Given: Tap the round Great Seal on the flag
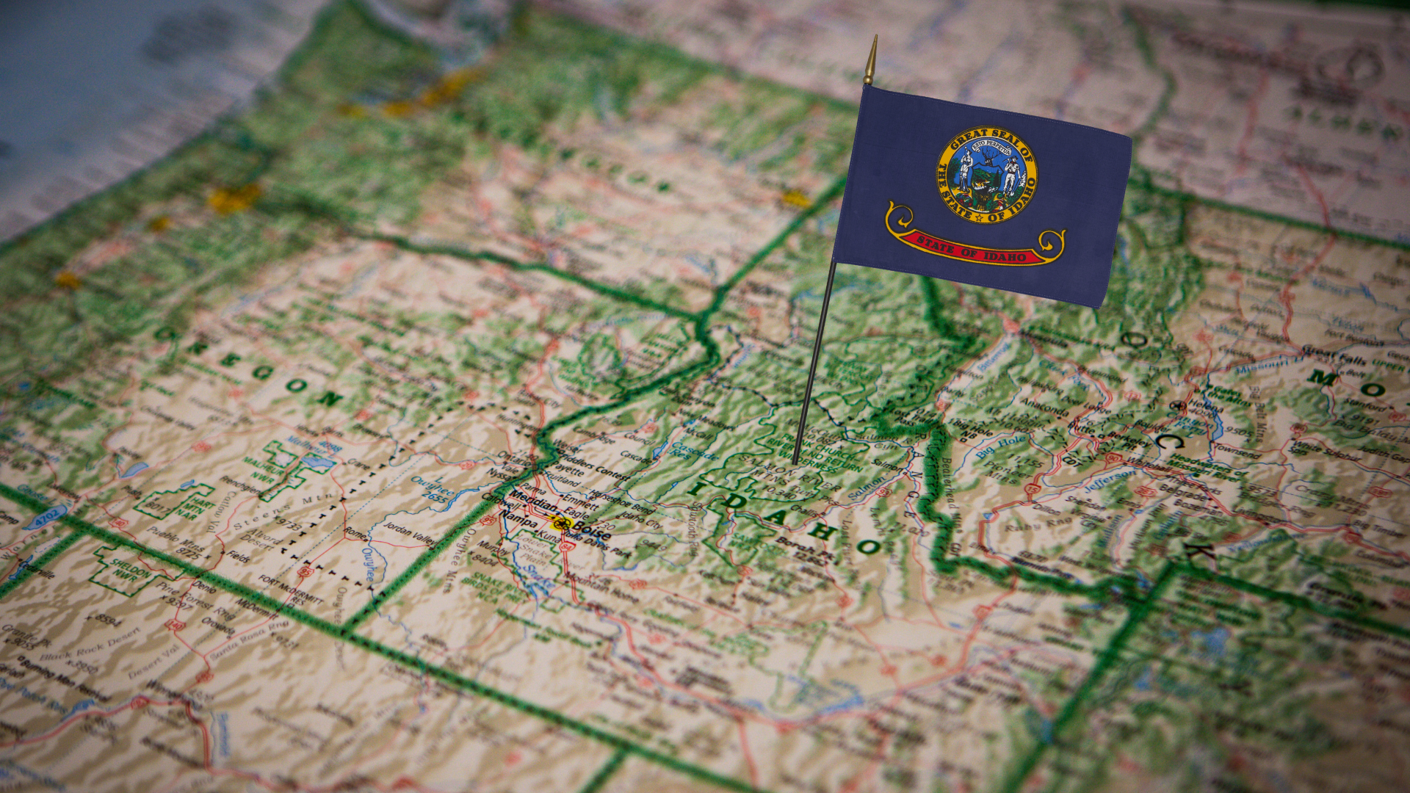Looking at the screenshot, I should point(986,175).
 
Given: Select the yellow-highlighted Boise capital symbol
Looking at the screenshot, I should point(563,524).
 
